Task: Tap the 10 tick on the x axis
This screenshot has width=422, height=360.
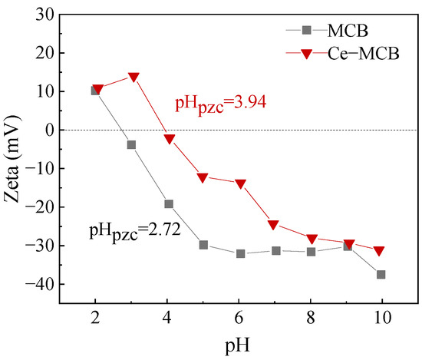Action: [x=381, y=317]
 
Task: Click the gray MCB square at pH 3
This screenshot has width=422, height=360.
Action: [x=131, y=144]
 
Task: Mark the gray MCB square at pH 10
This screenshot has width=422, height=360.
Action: [x=381, y=275]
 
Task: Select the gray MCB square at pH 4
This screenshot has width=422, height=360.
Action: [x=168, y=204]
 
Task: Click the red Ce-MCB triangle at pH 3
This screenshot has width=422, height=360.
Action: [x=134, y=77]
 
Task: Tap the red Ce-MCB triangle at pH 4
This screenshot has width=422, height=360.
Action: [x=169, y=139]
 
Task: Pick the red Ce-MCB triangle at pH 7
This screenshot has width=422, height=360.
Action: [x=273, y=225]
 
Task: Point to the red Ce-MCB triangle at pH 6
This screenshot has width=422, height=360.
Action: [x=240, y=183]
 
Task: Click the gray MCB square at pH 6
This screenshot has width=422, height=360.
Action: [x=240, y=253]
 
